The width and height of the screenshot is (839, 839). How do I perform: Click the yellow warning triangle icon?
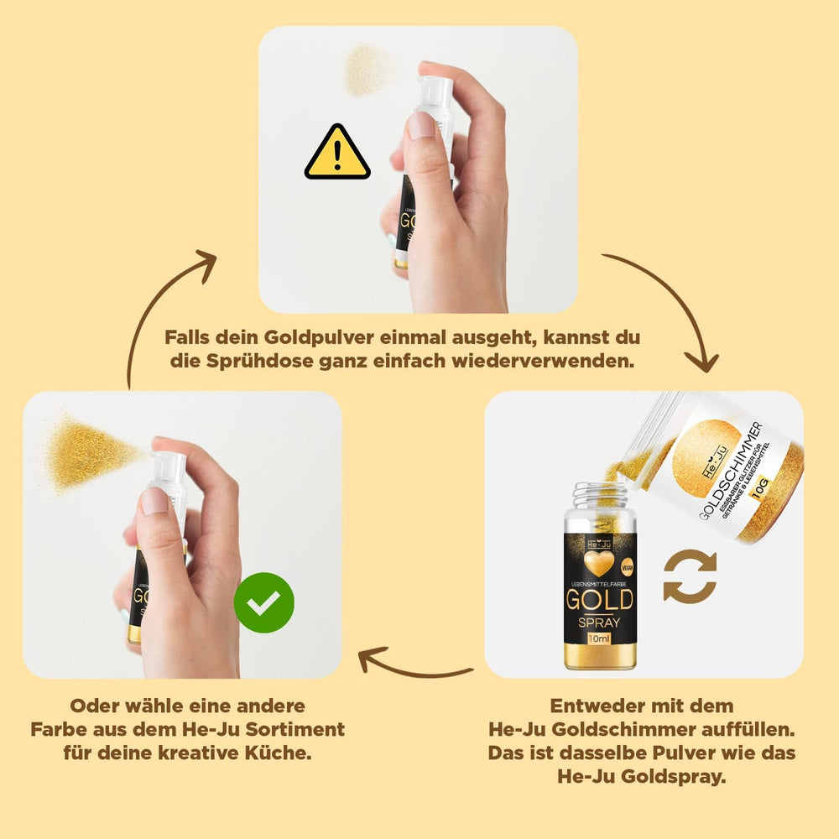(x=337, y=154)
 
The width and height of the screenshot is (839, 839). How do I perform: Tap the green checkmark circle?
(x=263, y=603)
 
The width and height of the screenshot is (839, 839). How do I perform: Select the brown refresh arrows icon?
(x=690, y=576)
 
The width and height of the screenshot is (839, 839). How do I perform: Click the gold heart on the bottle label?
(x=599, y=560)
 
